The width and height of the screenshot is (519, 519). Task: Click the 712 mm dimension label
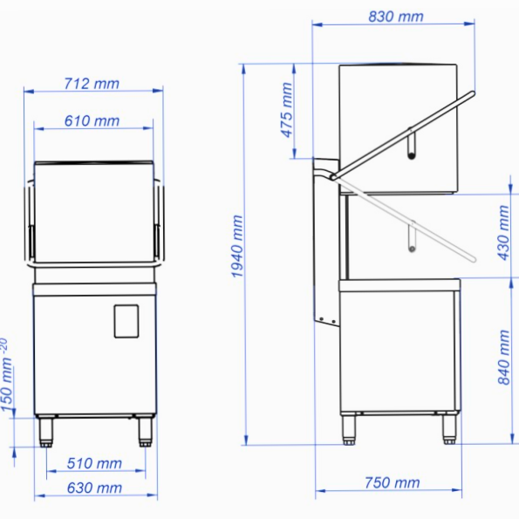[x=92, y=84]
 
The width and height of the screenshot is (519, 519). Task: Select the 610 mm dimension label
[x=92, y=121]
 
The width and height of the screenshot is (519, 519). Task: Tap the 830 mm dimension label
[x=395, y=17]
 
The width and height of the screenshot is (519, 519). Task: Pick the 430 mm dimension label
[x=503, y=232]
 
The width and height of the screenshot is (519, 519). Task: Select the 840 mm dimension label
[x=503, y=356]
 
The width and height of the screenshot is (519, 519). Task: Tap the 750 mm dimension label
[x=391, y=482]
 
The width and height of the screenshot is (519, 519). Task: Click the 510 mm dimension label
[x=94, y=463]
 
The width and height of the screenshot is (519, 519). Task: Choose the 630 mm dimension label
[x=94, y=488]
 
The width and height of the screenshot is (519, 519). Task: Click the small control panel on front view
[x=126, y=320]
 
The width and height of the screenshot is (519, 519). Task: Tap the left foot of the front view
[x=46, y=430]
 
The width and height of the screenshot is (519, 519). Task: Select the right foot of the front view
[x=141, y=430]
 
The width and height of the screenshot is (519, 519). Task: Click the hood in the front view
[x=94, y=209]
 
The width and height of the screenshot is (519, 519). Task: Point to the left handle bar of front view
[x=30, y=222]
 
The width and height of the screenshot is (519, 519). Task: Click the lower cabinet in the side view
[x=397, y=349]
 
